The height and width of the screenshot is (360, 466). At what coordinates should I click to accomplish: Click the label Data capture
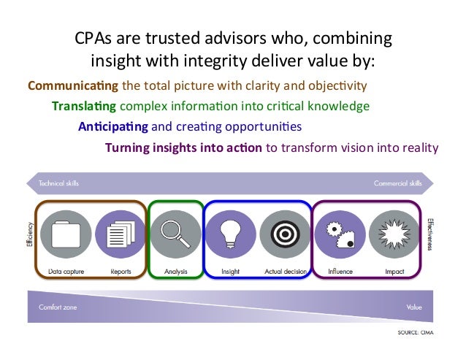66,272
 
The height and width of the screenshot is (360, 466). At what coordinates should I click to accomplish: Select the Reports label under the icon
121,272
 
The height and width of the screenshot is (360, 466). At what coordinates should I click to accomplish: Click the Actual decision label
284,272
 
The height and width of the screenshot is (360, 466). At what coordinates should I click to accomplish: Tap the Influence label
340,272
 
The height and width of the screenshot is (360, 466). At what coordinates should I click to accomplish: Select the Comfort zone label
58,307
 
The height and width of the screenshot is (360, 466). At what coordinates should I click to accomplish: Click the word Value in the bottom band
414,307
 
